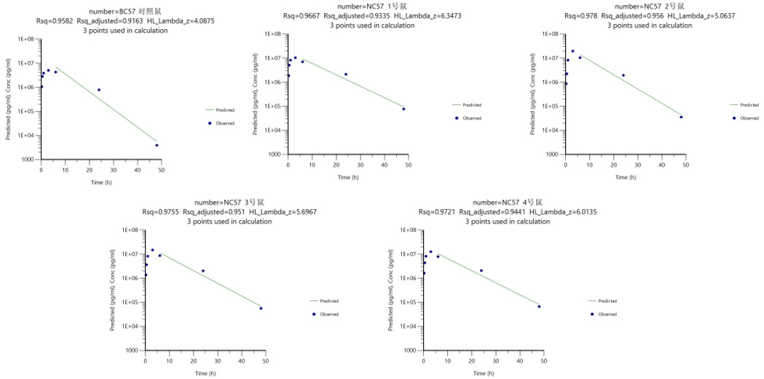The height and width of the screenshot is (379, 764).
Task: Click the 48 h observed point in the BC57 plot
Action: (157, 145)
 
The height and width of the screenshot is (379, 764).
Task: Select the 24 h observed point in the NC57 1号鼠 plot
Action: (345, 74)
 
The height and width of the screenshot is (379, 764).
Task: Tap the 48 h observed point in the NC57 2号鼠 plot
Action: (681, 117)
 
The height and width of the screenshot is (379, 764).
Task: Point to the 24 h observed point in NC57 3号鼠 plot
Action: (203, 271)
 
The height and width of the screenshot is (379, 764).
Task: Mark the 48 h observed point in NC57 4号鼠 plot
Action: (539, 306)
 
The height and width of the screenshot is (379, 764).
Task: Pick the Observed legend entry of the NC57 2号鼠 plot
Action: (749, 117)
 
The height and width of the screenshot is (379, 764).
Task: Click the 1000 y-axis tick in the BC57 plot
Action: (28, 159)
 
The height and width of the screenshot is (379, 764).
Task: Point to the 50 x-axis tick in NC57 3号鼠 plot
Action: (266, 361)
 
